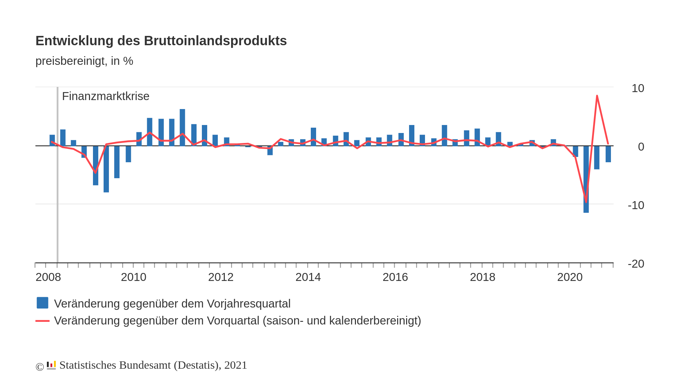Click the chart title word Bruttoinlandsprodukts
click(x=215, y=41)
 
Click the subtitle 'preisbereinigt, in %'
click(x=84, y=61)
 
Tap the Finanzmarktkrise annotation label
click(x=106, y=96)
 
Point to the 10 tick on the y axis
click(x=637, y=88)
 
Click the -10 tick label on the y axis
click(x=636, y=205)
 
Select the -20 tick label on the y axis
click(x=636, y=264)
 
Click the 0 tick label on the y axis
click(x=641, y=147)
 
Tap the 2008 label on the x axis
click(x=48, y=277)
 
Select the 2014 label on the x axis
click(x=308, y=277)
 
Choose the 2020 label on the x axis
click(x=570, y=277)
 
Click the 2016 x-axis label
click(x=395, y=277)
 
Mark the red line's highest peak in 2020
click(x=597, y=96)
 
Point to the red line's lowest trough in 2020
click(x=586, y=201)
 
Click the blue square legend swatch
click(x=42, y=303)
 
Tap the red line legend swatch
click(x=42, y=321)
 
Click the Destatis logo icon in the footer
click(x=51, y=365)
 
